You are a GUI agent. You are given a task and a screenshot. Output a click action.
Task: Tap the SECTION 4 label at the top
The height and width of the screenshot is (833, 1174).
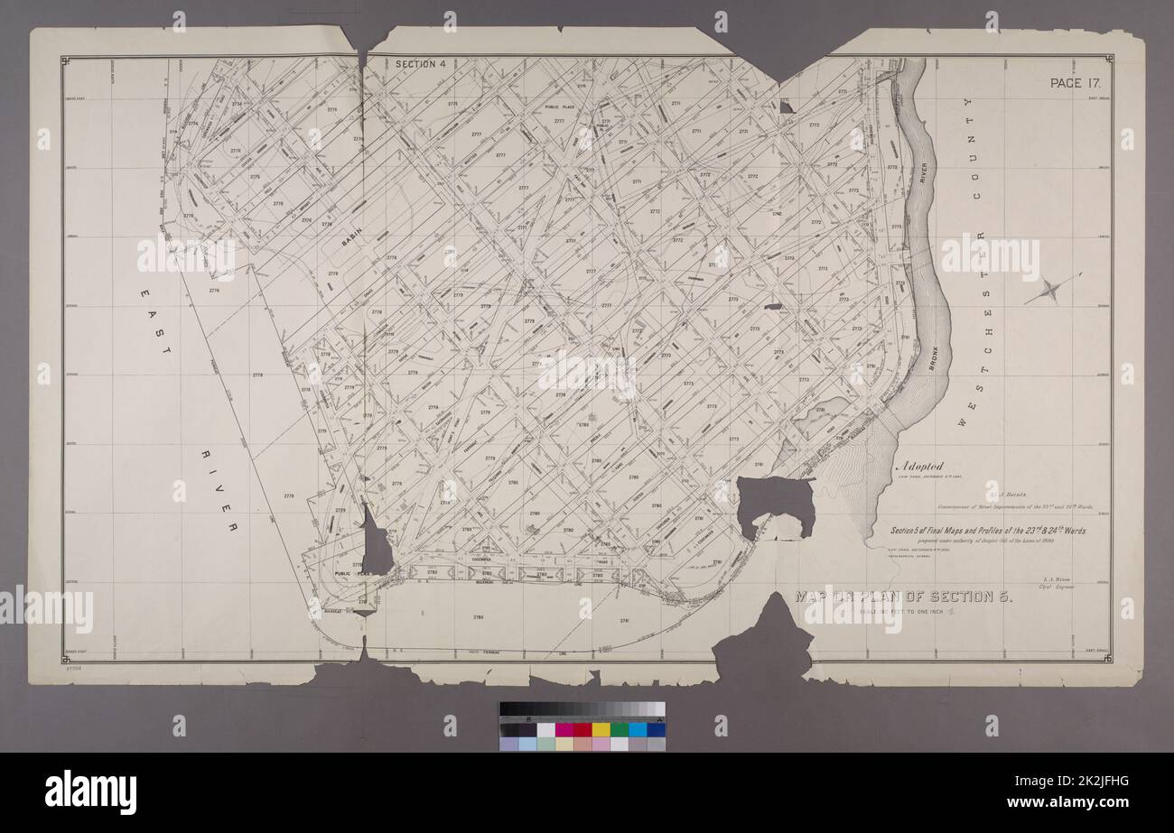tap(422, 64)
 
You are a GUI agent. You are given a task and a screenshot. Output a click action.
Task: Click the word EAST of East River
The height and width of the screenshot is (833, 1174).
tap(157, 320)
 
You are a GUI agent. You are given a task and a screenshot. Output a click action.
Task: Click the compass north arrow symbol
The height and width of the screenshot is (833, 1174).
tap(1053, 290)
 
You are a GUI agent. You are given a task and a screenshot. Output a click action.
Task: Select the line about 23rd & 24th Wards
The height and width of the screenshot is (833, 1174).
tap(989, 530)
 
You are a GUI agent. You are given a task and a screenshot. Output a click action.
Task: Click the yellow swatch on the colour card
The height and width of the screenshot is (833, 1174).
tap(601, 729)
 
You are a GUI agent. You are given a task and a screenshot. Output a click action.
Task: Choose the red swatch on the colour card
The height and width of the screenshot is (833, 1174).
tap(582, 729)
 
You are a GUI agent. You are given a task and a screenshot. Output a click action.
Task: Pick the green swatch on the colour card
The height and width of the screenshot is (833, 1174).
tap(620, 729)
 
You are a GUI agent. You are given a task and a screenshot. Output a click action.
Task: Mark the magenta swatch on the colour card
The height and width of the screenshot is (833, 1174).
tap(564, 729)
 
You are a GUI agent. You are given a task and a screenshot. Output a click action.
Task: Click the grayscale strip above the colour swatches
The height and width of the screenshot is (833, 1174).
tap(582, 709)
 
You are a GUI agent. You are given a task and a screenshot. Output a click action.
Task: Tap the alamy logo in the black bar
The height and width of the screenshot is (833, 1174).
tap(90, 792)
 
